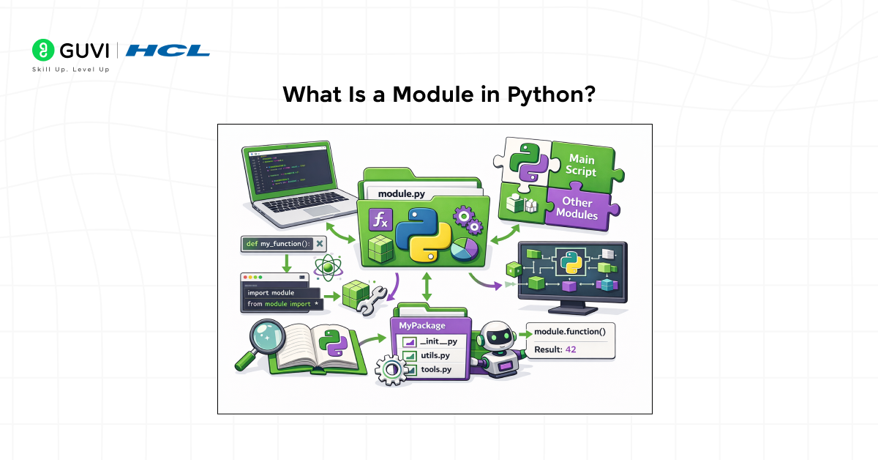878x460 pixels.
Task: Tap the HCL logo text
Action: coord(168,50)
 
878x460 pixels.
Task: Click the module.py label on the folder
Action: coord(402,194)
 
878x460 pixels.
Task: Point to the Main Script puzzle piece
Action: coord(581,166)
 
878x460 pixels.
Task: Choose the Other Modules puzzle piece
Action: coord(577,209)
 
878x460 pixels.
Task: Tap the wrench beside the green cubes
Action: coord(370,297)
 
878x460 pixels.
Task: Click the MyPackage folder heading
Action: coord(420,324)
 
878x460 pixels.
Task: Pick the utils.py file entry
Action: coord(435,355)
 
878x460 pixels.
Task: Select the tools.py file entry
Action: coord(435,370)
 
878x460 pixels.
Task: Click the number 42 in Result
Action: coord(571,349)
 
